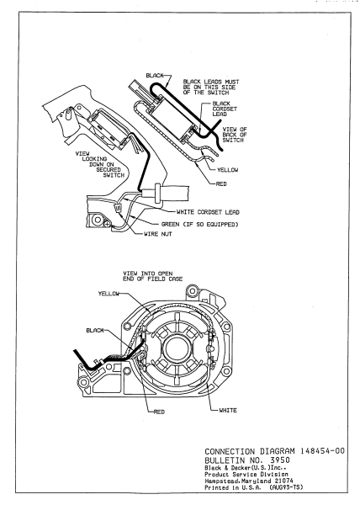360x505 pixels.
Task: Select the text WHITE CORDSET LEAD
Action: (x=204, y=211)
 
